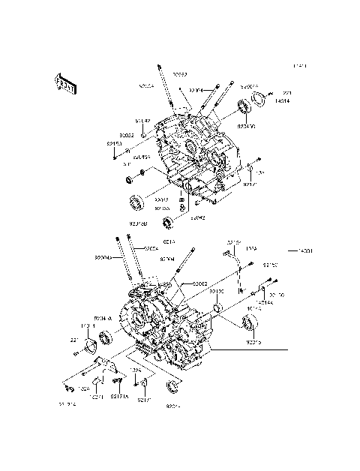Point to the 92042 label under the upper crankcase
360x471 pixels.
(x=197, y=218)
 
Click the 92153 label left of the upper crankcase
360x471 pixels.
(x=114, y=143)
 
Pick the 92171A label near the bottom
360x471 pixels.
(x=119, y=397)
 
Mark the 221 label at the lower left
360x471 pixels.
(x=74, y=340)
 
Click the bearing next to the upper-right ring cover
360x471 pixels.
(x=245, y=107)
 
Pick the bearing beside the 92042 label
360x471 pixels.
(x=169, y=220)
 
